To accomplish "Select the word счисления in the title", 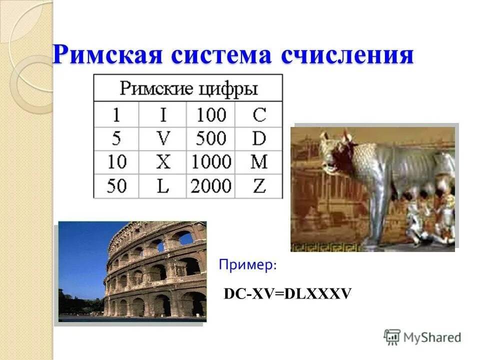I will (347, 54).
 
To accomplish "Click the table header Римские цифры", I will (188, 88).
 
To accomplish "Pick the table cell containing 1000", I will (210, 162).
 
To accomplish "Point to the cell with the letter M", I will (258, 162).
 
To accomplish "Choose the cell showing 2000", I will (210, 186).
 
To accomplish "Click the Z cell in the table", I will (258, 186).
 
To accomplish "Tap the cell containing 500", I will (210, 138).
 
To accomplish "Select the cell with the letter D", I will (258, 138).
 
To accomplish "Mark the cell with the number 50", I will (116, 186).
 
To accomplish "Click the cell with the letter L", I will (162, 186).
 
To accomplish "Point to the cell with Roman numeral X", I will (162, 162).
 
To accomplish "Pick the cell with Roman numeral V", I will (162, 138).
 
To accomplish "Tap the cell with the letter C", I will (258, 115).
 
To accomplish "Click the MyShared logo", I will (422, 337).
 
